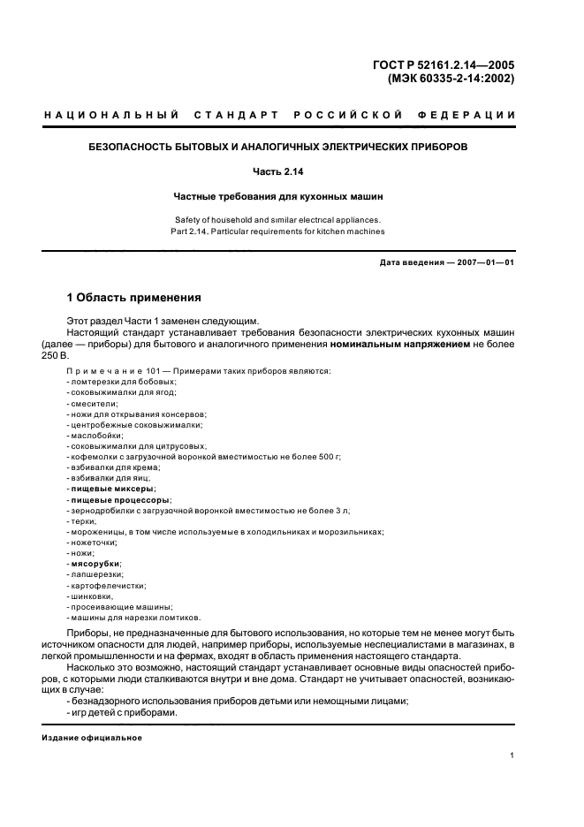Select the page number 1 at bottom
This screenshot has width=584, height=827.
tap(512, 755)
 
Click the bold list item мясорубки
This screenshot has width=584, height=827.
tap(95, 563)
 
